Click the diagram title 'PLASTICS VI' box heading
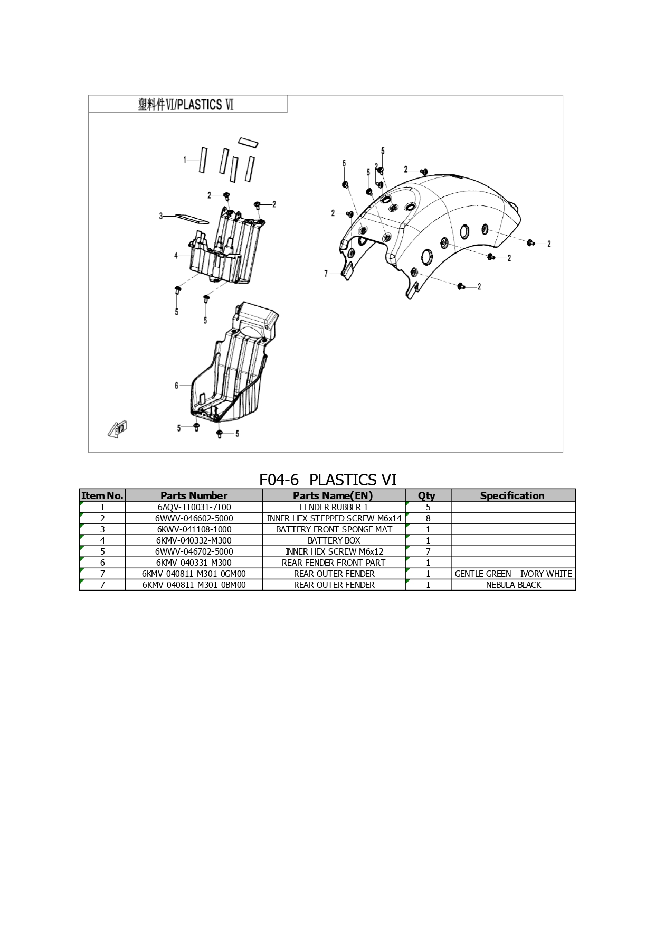[x=185, y=105]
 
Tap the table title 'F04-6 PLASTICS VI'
[x=328, y=480]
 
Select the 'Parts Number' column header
[x=194, y=495]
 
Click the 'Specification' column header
[x=512, y=495]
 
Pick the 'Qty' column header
[x=426, y=495]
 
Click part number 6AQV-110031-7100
[x=194, y=507]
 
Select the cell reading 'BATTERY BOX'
[x=334, y=540]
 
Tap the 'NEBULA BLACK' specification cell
[x=514, y=585]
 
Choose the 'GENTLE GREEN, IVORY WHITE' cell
[x=513, y=574]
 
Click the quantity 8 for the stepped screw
[x=428, y=518]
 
